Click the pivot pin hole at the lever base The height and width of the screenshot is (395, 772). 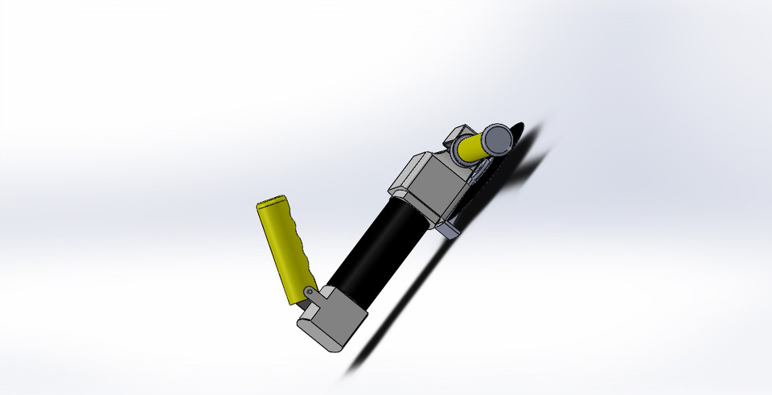click(x=309, y=290)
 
